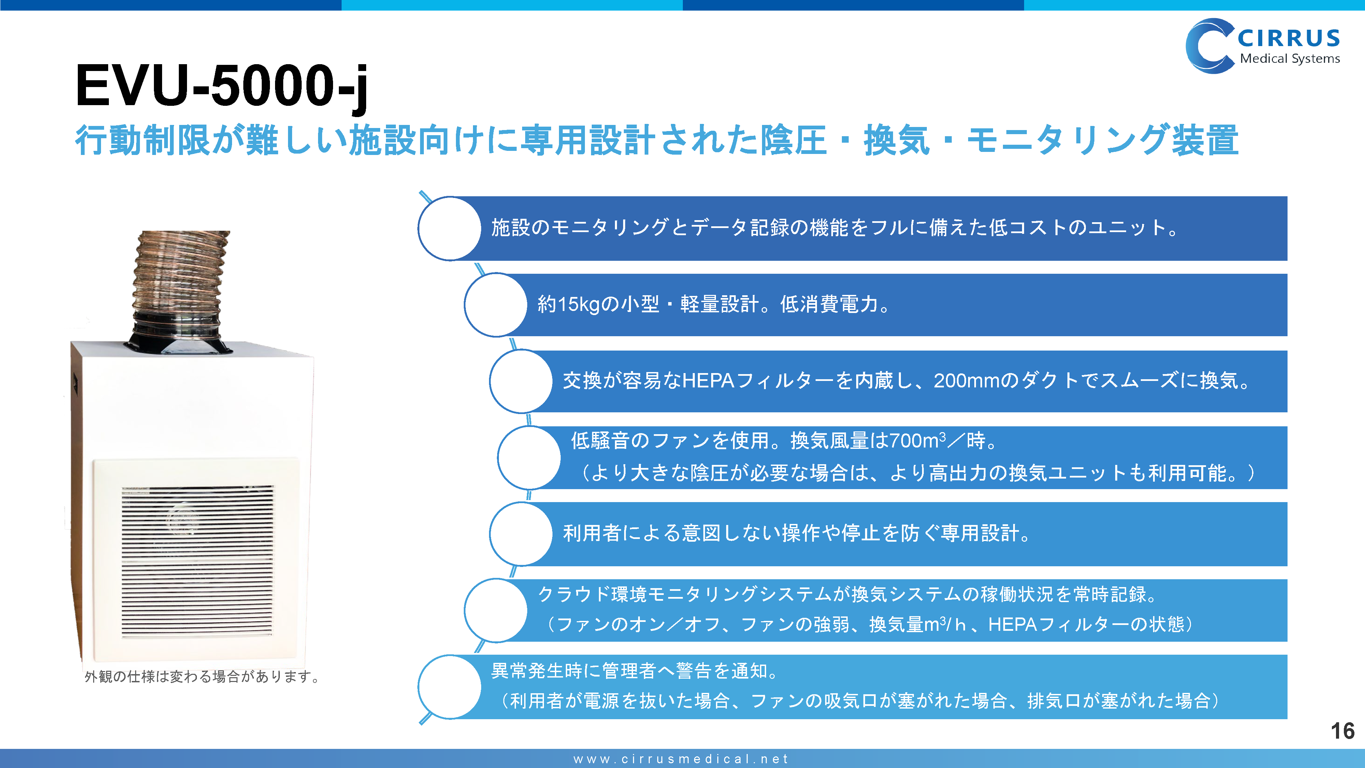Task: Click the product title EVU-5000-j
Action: (221, 86)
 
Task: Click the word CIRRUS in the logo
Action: (1289, 39)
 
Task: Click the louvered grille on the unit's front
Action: (197, 561)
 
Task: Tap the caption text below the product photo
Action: (202, 677)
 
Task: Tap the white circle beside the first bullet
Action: (450, 228)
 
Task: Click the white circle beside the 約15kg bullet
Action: (496, 305)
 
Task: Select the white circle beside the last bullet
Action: (450, 687)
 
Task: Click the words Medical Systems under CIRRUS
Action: (1290, 59)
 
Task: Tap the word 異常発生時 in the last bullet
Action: (537, 671)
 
